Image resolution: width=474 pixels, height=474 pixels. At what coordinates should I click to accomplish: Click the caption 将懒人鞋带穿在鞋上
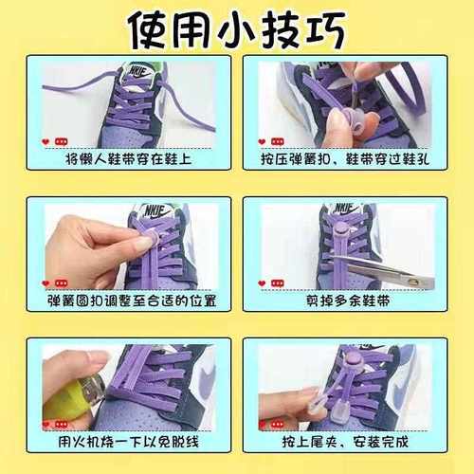click(128, 159)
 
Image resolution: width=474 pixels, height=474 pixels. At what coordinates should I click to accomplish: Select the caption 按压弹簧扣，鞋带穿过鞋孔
click(345, 159)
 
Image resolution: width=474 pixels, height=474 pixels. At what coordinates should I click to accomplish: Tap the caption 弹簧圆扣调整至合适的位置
click(129, 301)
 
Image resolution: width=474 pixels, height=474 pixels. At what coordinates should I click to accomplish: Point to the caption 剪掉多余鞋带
click(345, 301)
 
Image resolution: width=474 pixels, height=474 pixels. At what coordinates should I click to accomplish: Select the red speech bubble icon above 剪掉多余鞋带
click(278, 283)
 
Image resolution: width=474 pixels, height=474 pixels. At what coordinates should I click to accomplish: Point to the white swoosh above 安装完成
click(411, 379)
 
